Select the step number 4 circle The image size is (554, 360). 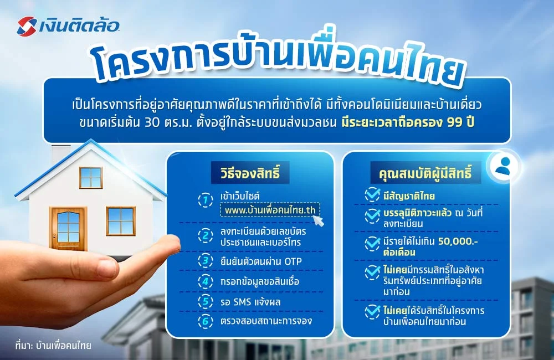click(205, 281)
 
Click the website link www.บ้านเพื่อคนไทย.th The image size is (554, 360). click(271, 211)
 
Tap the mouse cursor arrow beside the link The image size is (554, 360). click(319, 220)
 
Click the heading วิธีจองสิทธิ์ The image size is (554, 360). click(250, 173)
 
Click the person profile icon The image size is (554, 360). click(503, 165)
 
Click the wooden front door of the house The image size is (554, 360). click(68, 228)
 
